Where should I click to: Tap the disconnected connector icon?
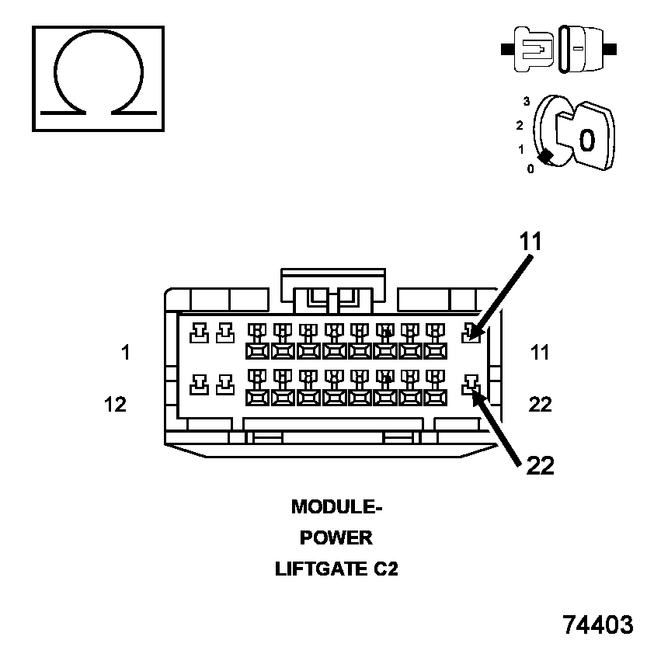(560, 49)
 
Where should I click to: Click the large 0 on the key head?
(586, 139)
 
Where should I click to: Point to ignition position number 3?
(526, 101)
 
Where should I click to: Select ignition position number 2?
(519, 125)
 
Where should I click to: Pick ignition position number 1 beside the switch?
(521, 148)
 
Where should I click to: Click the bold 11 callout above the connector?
(531, 242)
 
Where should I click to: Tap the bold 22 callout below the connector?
(540, 464)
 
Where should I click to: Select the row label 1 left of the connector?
(125, 353)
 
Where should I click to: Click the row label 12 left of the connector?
(115, 404)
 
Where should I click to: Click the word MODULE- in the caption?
(337, 507)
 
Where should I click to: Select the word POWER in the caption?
(336, 537)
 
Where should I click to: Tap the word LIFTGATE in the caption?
(319, 569)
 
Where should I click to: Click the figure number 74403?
(597, 624)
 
